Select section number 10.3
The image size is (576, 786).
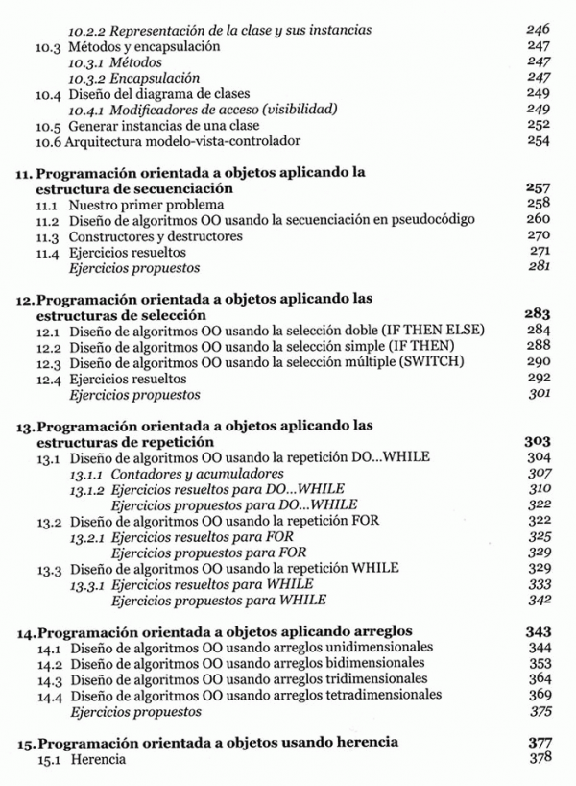click(x=49, y=46)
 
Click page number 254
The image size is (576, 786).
click(x=539, y=141)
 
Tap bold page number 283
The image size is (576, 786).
click(x=538, y=314)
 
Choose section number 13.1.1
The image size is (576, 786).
click(x=88, y=474)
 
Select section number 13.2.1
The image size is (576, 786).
click(x=88, y=536)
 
